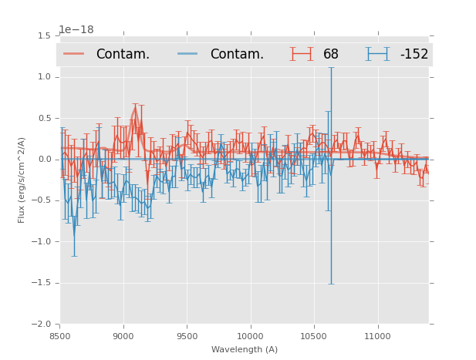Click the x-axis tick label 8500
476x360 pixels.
pos(59,336)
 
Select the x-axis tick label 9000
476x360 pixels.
pos(123,336)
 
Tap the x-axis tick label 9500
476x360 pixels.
pos(187,336)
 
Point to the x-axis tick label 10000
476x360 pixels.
pos(250,336)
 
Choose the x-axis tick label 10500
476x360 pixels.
pos(314,336)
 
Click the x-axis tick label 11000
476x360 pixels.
pos(377,336)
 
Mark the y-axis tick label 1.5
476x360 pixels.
pos(44,36)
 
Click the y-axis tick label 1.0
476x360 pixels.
pos(44,77)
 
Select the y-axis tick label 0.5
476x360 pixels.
pos(44,118)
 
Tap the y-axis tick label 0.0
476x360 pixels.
pos(44,160)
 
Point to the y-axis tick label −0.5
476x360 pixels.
pos(42,200)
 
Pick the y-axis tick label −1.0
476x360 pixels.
pos(42,241)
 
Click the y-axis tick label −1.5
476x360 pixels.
pos(42,283)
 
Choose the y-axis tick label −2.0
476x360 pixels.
pos(42,324)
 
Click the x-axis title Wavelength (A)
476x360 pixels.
pos(245,350)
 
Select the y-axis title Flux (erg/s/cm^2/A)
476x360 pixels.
pos(22,180)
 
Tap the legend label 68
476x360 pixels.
pos(331,55)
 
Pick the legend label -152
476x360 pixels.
pos(414,55)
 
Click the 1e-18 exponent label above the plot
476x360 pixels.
pos(76,30)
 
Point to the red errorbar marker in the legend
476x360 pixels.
pos(302,54)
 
